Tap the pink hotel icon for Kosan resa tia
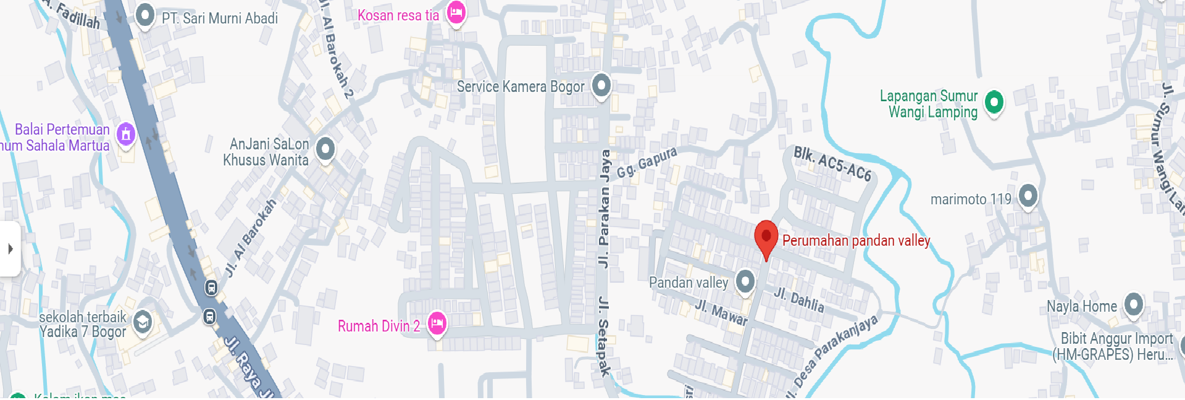[456, 13]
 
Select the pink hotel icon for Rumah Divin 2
[437, 323]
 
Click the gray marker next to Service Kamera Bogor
[601, 85]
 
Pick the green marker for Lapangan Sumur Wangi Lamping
[994, 102]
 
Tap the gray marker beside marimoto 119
[1028, 196]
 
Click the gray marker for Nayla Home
[1133, 304]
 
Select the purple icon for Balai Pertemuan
[126, 133]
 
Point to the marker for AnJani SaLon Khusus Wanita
[325, 149]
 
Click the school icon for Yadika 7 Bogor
[143, 322]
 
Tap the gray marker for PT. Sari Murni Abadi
[145, 15]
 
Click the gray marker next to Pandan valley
[745, 281]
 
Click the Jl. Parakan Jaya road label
[605, 208]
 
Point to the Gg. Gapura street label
[647, 161]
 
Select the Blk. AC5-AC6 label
[832, 164]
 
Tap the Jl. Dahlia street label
[799, 299]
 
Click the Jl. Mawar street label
[721, 312]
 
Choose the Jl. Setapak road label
[603, 336]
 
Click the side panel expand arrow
[10, 249]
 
